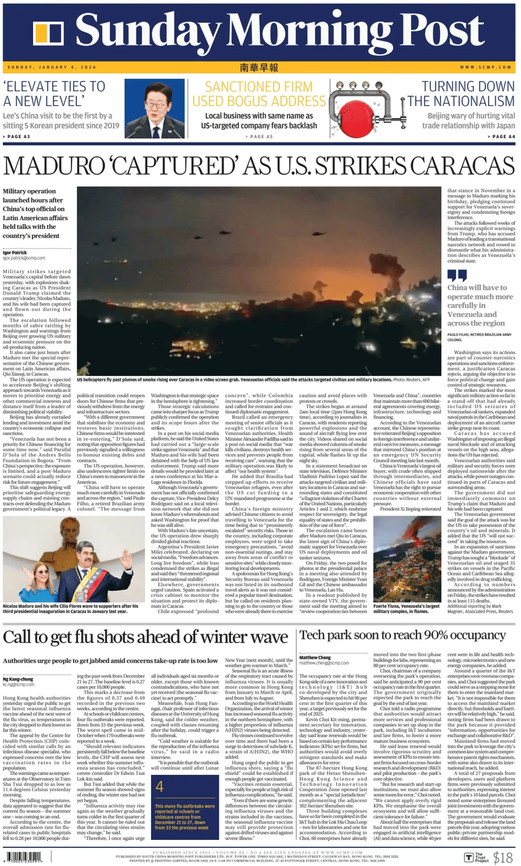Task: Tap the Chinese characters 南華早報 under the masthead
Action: click(x=259, y=67)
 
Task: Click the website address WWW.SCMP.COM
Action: click(x=485, y=67)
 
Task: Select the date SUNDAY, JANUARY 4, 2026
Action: click(x=52, y=67)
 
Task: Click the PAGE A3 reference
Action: click(x=16, y=136)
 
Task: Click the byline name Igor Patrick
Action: click(x=15, y=252)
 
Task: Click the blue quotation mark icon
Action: click(x=457, y=275)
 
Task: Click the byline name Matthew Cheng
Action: click(x=315, y=658)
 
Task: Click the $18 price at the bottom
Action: click(x=503, y=857)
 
